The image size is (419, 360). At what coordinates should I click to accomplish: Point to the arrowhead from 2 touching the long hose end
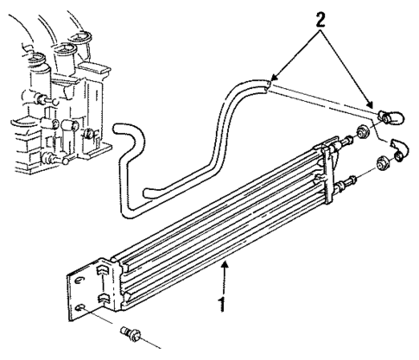pos(272,80)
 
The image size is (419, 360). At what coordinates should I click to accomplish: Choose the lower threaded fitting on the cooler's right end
pos(351,182)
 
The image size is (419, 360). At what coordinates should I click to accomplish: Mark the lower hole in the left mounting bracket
pos(80,306)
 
